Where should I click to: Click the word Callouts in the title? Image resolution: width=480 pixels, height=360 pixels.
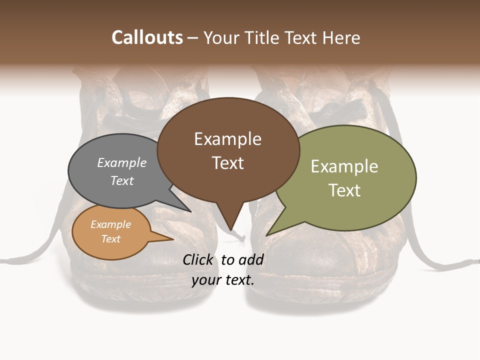point(147,37)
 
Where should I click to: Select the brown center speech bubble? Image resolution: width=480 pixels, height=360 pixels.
point(228,150)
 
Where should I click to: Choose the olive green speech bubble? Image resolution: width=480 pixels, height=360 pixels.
point(350,177)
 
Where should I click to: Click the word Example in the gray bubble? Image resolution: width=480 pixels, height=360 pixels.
point(122,163)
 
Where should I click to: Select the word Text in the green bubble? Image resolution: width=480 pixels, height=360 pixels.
point(344,190)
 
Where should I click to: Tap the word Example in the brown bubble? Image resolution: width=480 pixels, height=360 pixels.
point(227,139)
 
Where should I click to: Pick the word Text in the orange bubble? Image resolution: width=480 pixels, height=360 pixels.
point(111,239)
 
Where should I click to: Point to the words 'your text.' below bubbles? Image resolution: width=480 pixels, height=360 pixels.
point(223,279)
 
